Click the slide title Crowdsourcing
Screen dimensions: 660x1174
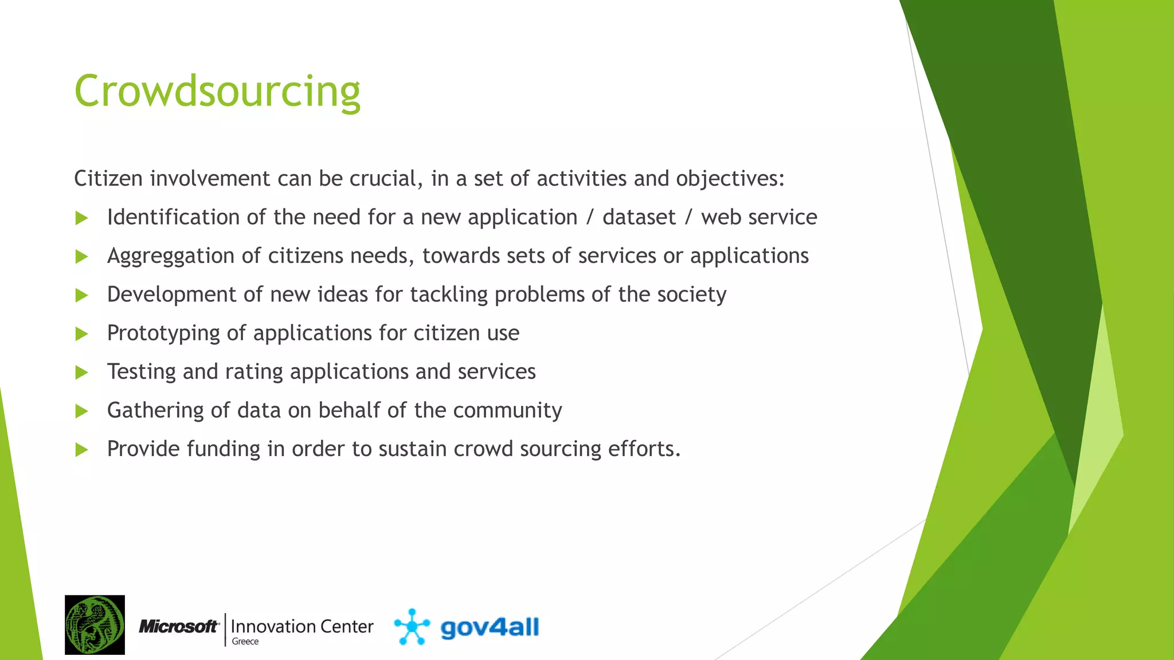coord(217,92)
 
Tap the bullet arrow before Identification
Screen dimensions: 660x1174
coord(82,218)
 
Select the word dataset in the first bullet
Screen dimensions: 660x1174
coord(639,217)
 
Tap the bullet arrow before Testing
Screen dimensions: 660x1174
coord(82,372)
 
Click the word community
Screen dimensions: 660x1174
coord(507,410)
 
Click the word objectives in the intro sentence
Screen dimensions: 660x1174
coord(729,179)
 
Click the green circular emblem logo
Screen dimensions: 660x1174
coord(95,624)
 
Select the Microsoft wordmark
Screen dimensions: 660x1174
coord(179,627)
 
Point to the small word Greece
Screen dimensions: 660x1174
coord(245,642)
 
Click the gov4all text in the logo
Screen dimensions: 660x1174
coord(490,627)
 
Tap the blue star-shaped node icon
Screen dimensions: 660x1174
coord(412,627)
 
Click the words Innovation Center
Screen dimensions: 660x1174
coord(302,626)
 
